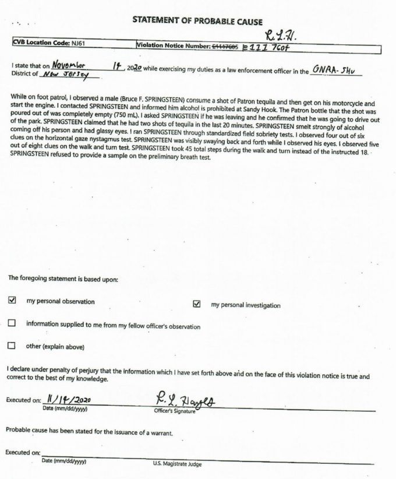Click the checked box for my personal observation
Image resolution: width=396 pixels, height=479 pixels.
click(x=12, y=301)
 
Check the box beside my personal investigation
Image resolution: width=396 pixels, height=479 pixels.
click(x=197, y=304)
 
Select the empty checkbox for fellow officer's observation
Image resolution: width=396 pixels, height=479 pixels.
click(x=12, y=324)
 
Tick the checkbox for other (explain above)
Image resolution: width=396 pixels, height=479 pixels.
click(x=12, y=346)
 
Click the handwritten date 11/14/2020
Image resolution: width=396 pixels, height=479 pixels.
click(x=69, y=401)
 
